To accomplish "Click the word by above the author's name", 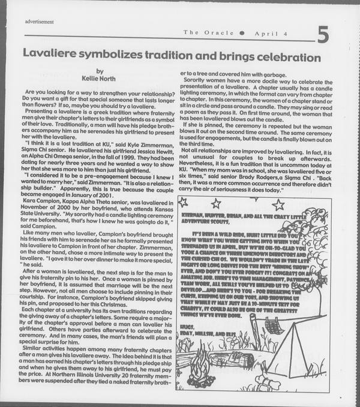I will pos(99,72).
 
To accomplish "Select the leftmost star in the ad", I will pos(184,202).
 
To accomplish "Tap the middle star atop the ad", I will pos(215,204).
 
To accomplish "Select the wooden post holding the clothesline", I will pos(254,330).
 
